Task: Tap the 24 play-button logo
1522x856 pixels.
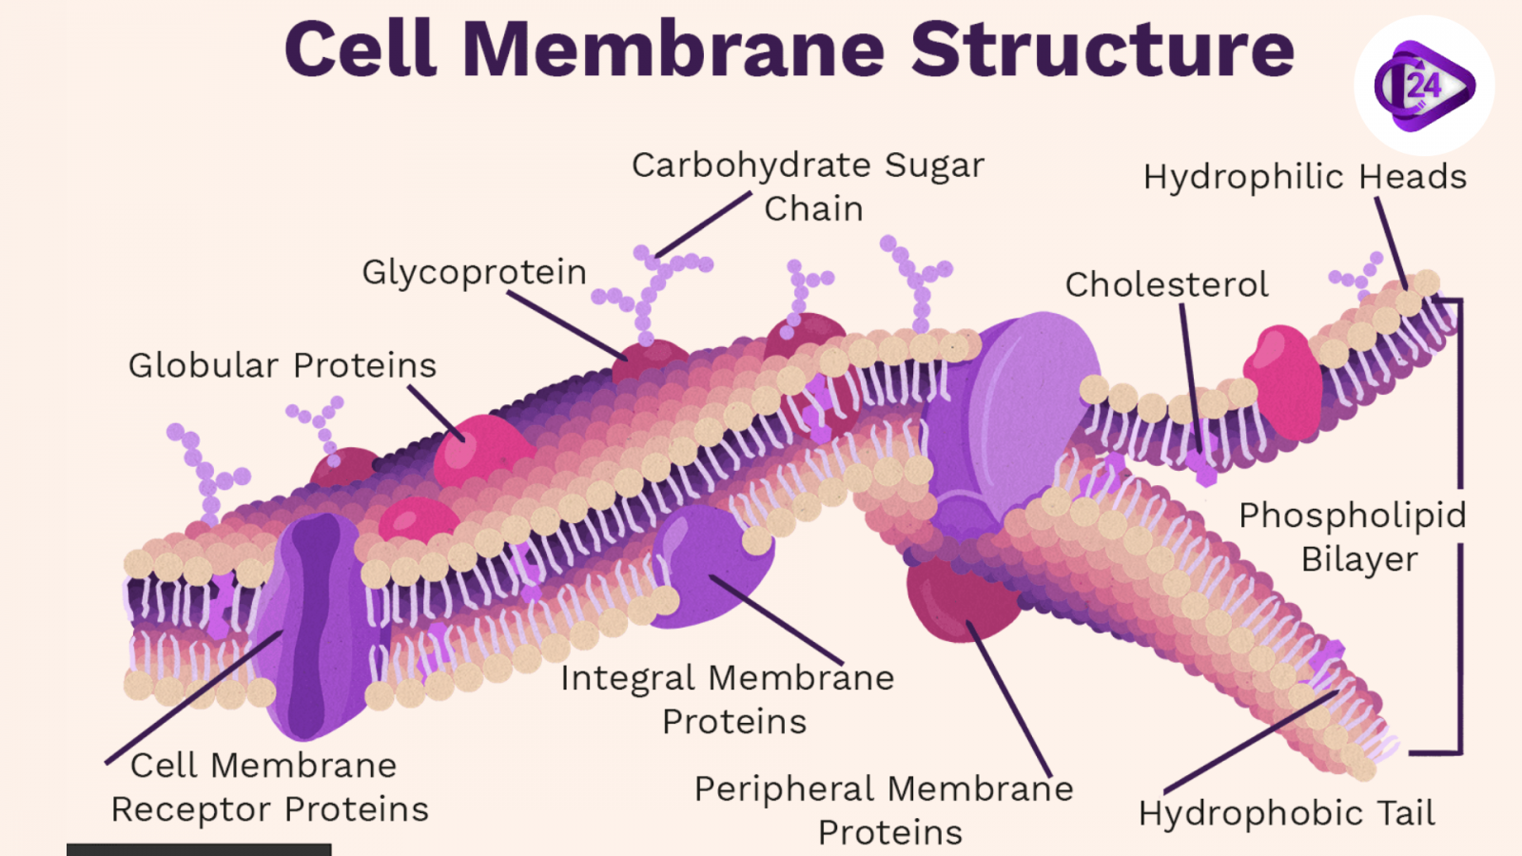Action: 1424,86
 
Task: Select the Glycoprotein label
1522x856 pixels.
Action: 474,273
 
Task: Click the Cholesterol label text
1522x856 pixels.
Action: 1166,284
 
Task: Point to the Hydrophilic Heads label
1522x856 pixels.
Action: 1304,177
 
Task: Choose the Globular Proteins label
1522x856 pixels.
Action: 283,365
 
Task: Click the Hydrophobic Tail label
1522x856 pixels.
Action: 1286,814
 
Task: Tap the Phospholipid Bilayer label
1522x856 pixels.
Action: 1353,537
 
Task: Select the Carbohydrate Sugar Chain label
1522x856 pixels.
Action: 809,186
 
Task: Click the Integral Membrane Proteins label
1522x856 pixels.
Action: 728,699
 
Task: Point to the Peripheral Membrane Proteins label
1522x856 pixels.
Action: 885,809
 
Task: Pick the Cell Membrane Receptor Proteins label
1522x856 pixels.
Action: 270,788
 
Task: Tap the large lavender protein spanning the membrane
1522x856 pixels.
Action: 1008,418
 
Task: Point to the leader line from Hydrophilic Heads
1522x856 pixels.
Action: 1391,243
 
